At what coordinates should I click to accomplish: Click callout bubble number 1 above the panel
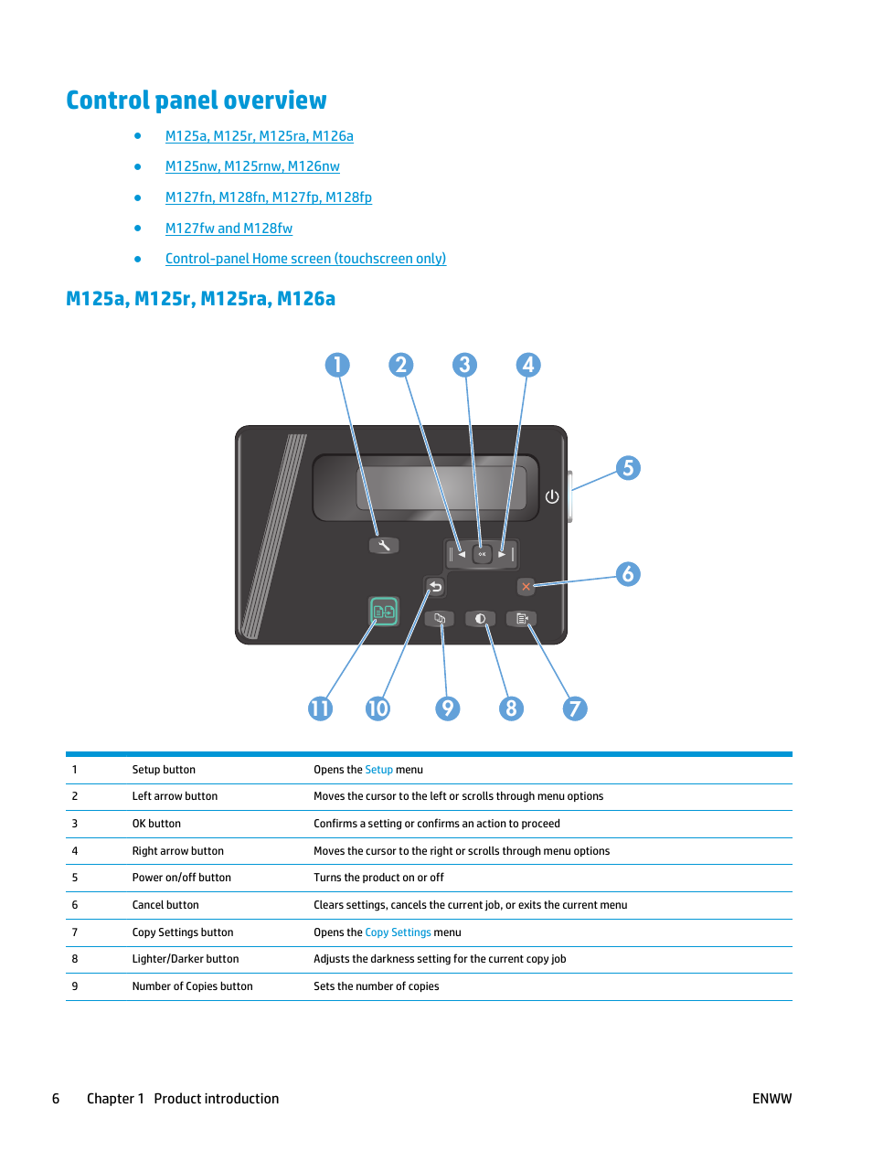point(337,366)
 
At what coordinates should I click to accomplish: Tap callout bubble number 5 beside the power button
point(628,469)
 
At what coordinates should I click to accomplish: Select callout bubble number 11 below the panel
point(320,708)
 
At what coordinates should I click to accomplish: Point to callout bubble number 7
point(575,708)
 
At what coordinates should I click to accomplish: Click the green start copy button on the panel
point(384,611)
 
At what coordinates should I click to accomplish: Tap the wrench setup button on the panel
point(384,546)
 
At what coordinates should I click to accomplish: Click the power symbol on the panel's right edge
point(552,496)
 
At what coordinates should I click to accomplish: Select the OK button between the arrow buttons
point(482,554)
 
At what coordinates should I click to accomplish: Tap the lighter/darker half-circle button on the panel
point(480,619)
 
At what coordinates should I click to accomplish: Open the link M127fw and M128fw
point(229,229)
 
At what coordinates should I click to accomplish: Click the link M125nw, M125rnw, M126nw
point(252,166)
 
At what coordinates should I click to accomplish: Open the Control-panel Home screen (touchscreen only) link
point(305,259)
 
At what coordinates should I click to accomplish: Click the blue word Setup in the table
point(378,770)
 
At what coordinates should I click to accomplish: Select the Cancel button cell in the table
point(165,905)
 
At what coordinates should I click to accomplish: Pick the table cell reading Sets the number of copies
point(376,986)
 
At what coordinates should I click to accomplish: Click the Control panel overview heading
point(197,101)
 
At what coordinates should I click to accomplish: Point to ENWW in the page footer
point(771,1099)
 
